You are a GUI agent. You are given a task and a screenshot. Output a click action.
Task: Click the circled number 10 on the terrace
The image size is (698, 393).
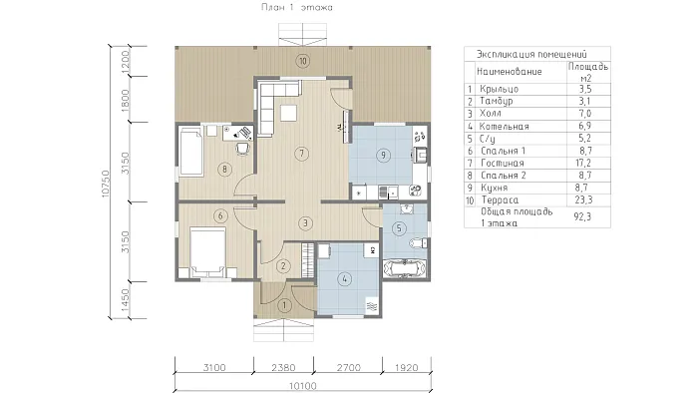point(303,61)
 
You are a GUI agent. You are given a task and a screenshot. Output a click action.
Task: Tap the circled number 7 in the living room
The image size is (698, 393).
point(302,154)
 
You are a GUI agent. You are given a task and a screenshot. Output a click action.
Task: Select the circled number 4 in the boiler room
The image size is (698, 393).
point(345,279)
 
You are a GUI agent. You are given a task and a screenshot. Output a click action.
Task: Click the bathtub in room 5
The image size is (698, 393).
point(405,269)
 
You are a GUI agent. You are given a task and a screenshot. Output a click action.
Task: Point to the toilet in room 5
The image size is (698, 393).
point(418,243)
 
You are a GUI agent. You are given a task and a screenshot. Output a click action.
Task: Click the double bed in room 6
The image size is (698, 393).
point(207,252)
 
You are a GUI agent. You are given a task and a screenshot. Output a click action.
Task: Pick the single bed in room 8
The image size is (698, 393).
point(191,152)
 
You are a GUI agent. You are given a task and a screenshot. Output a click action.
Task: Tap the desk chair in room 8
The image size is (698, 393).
point(242,148)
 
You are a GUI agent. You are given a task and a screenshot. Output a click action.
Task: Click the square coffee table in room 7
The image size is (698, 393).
point(289,113)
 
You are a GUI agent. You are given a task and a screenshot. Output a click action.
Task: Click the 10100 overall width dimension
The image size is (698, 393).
point(303,385)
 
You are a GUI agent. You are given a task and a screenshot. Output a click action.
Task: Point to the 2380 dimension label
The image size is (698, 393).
point(283,368)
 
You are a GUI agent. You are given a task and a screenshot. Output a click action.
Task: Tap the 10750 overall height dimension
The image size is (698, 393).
point(106,184)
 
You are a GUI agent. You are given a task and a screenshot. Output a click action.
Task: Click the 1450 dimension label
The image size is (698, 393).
point(125,300)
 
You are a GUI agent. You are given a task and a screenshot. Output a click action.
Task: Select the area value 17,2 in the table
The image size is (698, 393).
point(584,163)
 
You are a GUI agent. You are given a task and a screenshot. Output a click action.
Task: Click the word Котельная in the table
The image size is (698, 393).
point(504,127)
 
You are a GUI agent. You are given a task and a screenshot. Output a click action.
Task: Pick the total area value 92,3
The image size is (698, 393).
point(582,216)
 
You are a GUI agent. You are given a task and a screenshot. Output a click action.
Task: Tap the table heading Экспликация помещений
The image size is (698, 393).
point(531,54)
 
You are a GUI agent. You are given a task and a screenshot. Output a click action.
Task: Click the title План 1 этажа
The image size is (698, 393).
point(296,7)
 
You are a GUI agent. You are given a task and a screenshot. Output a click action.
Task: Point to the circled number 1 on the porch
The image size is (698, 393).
point(284,305)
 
